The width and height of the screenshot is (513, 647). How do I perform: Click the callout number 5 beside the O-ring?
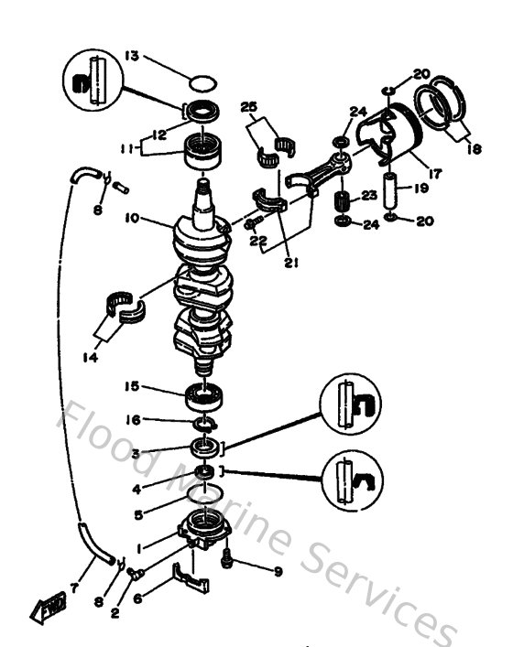136,515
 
